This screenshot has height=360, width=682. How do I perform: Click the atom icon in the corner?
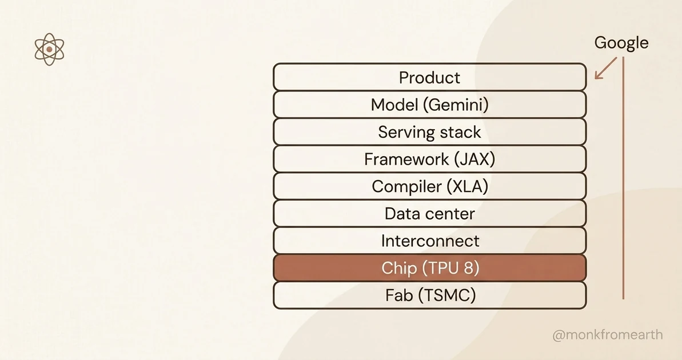(x=49, y=50)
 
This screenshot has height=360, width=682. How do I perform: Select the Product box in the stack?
(x=429, y=77)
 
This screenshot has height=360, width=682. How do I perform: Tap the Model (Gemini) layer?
(x=429, y=105)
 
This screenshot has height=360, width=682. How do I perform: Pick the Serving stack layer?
(x=429, y=132)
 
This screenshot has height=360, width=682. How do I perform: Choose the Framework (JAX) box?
(x=429, y=159)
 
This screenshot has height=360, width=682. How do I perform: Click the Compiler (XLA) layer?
(x=429, y=186)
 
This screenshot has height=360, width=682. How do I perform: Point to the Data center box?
(x=429, y=214)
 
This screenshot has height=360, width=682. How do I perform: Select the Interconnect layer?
(x=429, y=241)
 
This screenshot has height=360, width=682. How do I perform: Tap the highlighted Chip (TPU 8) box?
(x=429, y=268)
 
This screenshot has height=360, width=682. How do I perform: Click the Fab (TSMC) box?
(x=429, y=295)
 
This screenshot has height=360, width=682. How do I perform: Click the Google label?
(x=621, y=43)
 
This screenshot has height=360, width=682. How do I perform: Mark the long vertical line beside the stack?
(x=623, y=177)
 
